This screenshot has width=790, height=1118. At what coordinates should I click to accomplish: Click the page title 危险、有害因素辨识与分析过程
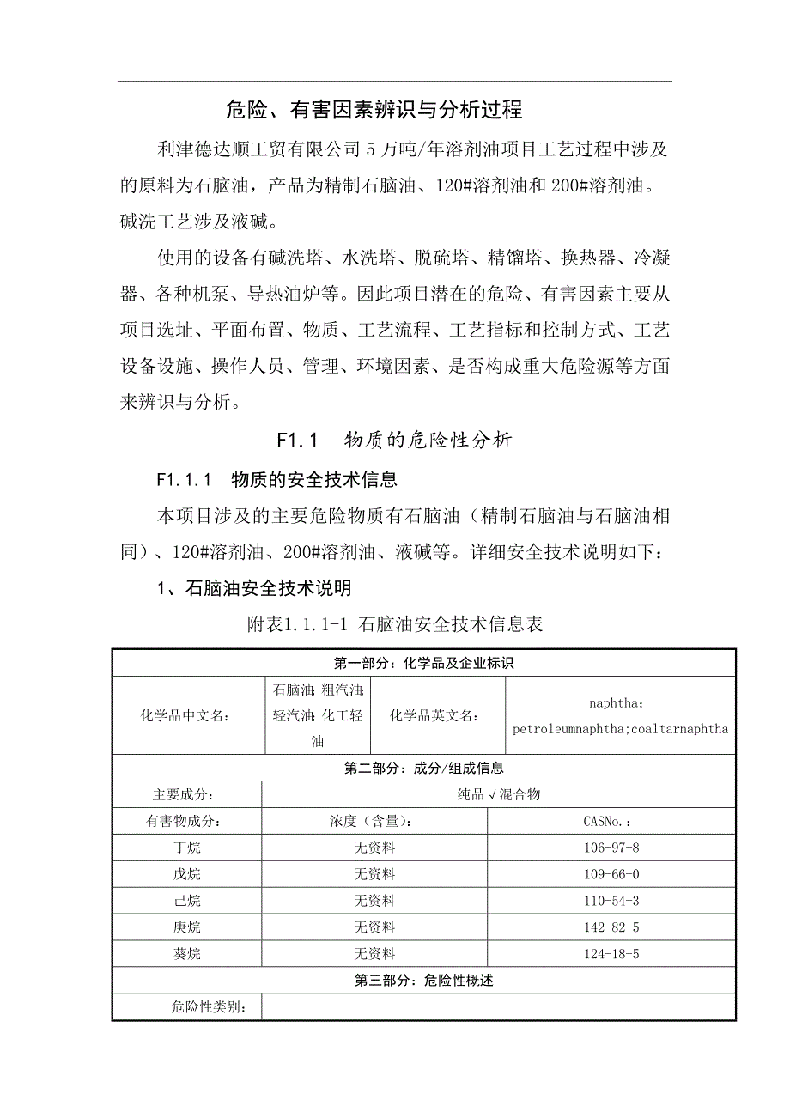coord(374,110)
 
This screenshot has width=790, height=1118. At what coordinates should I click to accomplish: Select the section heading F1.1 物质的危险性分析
coord(394,441)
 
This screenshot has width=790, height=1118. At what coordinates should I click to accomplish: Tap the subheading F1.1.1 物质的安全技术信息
coord(277,478)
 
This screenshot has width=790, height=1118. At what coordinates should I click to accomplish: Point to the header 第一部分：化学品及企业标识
coord(423,663)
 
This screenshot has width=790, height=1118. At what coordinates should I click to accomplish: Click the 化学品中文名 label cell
coord(185,716)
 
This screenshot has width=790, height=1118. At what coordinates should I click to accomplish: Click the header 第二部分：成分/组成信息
coord(423,769)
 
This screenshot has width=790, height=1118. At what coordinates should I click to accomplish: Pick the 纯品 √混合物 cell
coord(499,795)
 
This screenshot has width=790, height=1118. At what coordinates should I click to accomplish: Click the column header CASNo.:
coord(611,822)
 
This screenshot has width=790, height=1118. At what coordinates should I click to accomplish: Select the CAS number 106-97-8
coord(611,848)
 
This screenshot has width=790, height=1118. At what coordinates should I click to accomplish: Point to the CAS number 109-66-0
coord(611,875)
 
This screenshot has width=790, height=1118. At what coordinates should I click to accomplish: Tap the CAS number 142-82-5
coord(611,927)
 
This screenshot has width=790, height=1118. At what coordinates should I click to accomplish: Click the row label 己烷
coord(186,902)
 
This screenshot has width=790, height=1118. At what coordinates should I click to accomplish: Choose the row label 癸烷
coord(186,954)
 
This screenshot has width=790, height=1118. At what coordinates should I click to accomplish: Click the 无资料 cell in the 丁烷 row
coord(374,848)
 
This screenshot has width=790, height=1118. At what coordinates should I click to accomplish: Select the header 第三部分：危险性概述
coord(423,981)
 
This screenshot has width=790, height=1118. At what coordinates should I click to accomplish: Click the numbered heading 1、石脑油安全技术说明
coord(253,589)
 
